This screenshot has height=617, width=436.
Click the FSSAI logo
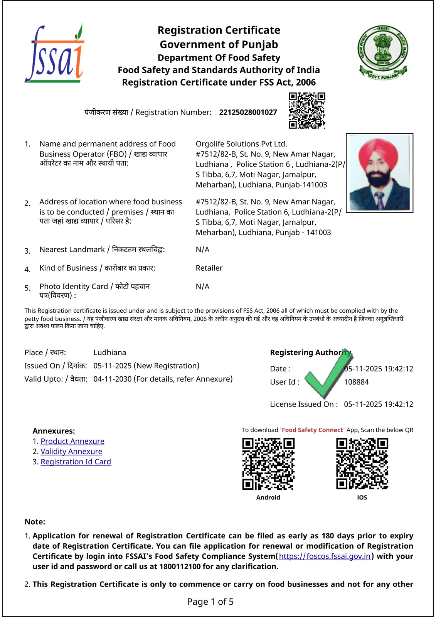click(x=54, y=54)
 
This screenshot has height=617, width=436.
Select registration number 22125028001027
click(x=248, y=112)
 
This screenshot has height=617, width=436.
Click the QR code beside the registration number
click(x=307, y=110)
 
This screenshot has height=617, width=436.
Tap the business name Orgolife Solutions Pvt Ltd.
click(x=241, y=144)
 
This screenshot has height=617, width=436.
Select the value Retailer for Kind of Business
click(x=209, y=268)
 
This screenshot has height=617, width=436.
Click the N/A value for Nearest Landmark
click(x=202, y=249)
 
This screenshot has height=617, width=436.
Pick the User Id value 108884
click(x=356, y=382)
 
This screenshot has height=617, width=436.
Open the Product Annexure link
click(x=72, y=441)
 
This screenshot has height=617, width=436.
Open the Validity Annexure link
click(x=71, y=452)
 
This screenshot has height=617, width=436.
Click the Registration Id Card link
click(x=76, y=462)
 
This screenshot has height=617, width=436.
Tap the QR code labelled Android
click(x=268, y=464)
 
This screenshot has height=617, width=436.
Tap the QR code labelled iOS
click(x=362, y=464)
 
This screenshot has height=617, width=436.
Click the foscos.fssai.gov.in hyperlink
click(x=325, y=556)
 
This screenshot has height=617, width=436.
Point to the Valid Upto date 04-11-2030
click(x=113, y=379)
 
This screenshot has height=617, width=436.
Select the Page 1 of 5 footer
click(x=210, y=602)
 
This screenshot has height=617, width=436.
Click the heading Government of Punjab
click(x=219, y=44)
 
